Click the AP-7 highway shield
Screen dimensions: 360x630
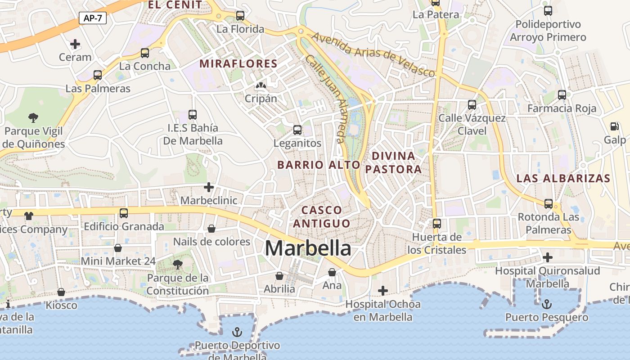[93, 18]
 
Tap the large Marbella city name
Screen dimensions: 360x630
[308, 248]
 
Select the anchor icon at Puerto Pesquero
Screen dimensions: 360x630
[547, 305]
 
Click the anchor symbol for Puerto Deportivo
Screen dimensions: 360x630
[237, 333]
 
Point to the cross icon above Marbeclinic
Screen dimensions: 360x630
[209, 187]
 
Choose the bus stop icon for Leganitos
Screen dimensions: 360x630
[297, 130]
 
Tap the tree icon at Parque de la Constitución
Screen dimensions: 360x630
[178, 264]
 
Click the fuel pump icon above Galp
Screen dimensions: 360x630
[615, 126]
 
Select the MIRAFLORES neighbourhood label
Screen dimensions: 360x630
[238, 63]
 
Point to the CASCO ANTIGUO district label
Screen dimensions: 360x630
[321, 216]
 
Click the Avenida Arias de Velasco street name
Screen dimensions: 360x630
[373, 54]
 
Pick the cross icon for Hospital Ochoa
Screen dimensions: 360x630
[383, 291]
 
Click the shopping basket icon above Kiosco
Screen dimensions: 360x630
[61, 292]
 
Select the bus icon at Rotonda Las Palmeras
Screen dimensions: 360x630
[548, 203]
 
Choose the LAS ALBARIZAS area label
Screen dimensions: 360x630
[563, 178]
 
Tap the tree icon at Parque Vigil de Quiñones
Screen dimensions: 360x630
[33, 118]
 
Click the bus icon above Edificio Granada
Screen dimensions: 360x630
[124, 213]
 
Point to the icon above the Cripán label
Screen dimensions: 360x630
[261, 85]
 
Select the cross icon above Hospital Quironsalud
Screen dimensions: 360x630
[548, 257]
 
